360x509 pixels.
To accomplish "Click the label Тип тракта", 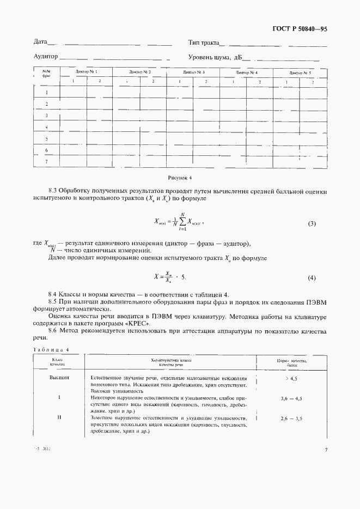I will tap(203, 42).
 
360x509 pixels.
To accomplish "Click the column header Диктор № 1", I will tap(86, 72).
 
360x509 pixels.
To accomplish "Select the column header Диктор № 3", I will tap(193, 72).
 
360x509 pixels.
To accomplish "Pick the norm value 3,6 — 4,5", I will tap(291, 399).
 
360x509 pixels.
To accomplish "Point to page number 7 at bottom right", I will tap(325, 495).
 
